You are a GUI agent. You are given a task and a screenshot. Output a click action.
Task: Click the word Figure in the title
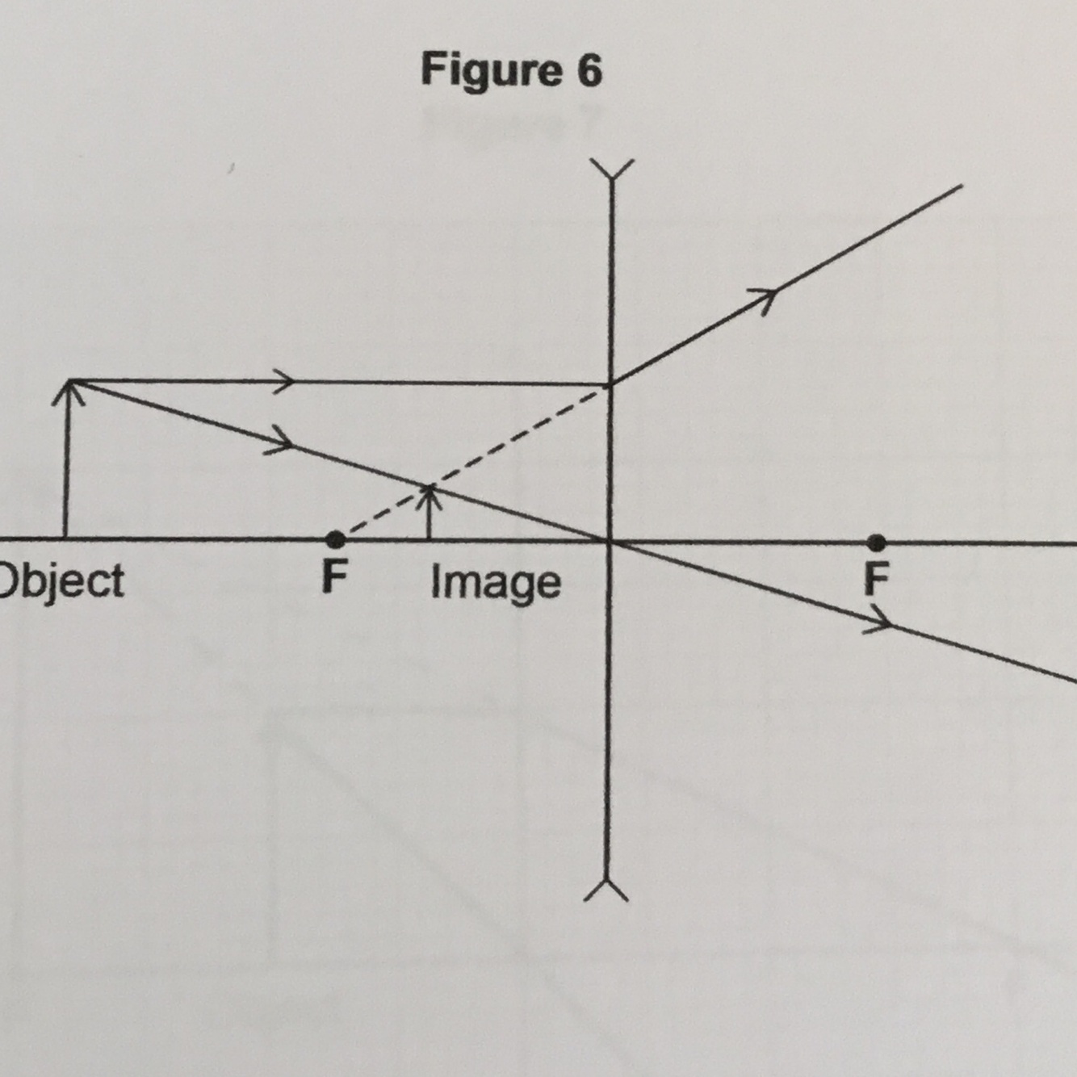tap(491, 71)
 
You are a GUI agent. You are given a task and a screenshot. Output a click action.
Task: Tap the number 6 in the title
tap(589, 71)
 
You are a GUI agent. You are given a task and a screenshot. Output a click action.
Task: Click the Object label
tap(61, 580)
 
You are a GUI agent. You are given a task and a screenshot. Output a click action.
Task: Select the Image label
tap(495, 582)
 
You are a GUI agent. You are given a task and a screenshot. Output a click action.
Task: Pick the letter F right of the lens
tap(875, 578)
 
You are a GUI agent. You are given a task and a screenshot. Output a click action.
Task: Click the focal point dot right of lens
tap(876, 542)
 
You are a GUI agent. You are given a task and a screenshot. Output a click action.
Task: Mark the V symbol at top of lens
tap(611, 170)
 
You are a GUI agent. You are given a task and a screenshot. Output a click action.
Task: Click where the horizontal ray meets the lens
tap(611, 384)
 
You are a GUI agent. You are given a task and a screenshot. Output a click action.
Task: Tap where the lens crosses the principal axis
tap(610, 541)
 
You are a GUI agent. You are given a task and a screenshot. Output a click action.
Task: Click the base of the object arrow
tap(65, 538)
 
